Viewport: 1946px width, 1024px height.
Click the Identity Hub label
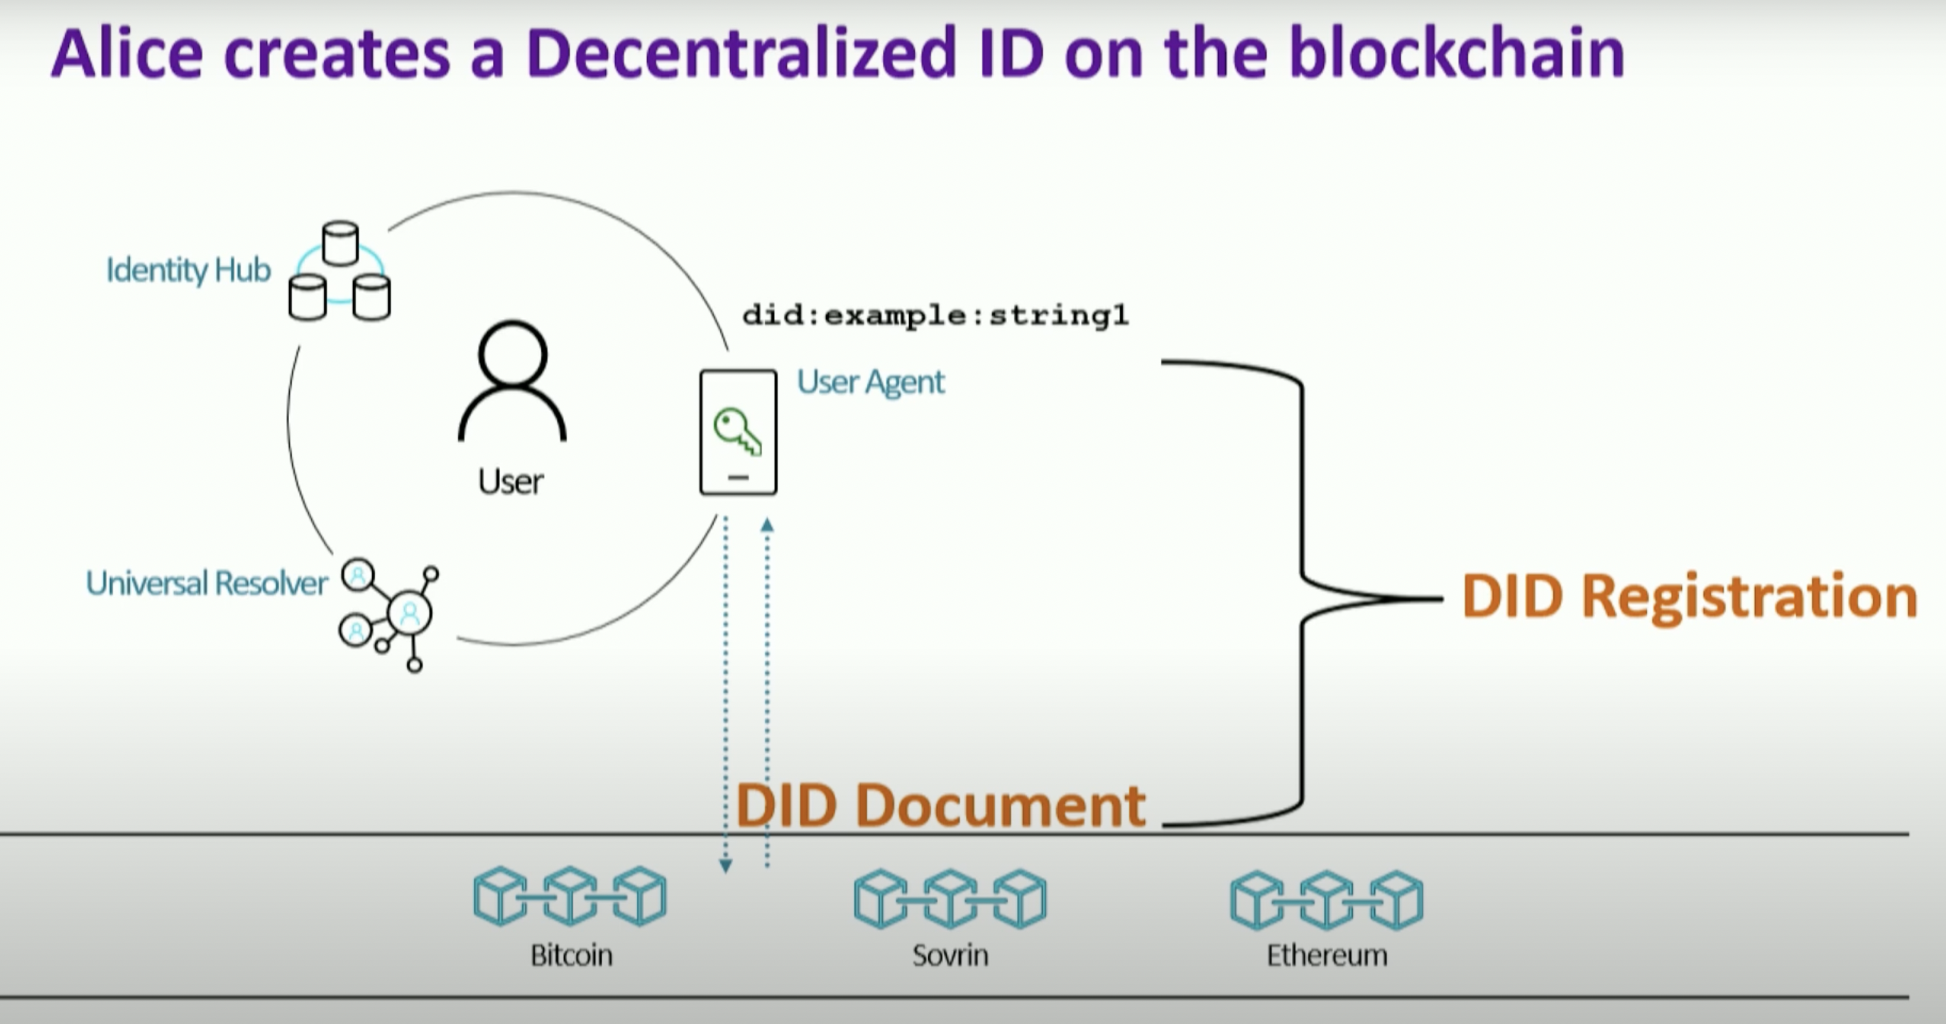[188, 270]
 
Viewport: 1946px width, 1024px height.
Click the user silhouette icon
[512, 381]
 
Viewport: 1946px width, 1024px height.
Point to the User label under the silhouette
[511, 481]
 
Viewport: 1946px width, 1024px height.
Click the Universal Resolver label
[206, 583]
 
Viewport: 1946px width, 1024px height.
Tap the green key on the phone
[736, 430]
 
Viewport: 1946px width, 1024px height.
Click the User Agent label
[870, 382]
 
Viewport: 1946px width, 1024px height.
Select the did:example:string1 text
[935, 315]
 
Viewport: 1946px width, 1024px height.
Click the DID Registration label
[1689, 597]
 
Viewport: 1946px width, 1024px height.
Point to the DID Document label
[941, 805]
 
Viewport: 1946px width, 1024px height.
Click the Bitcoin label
[571, 955]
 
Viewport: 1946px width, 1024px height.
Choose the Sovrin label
[950, 955]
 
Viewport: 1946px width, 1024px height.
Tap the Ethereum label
[1327, 955]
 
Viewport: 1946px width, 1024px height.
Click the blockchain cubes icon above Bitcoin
[570, 896]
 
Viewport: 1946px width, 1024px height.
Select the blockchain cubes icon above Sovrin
[950, 898]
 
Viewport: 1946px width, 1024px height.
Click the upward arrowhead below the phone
[767, 524]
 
